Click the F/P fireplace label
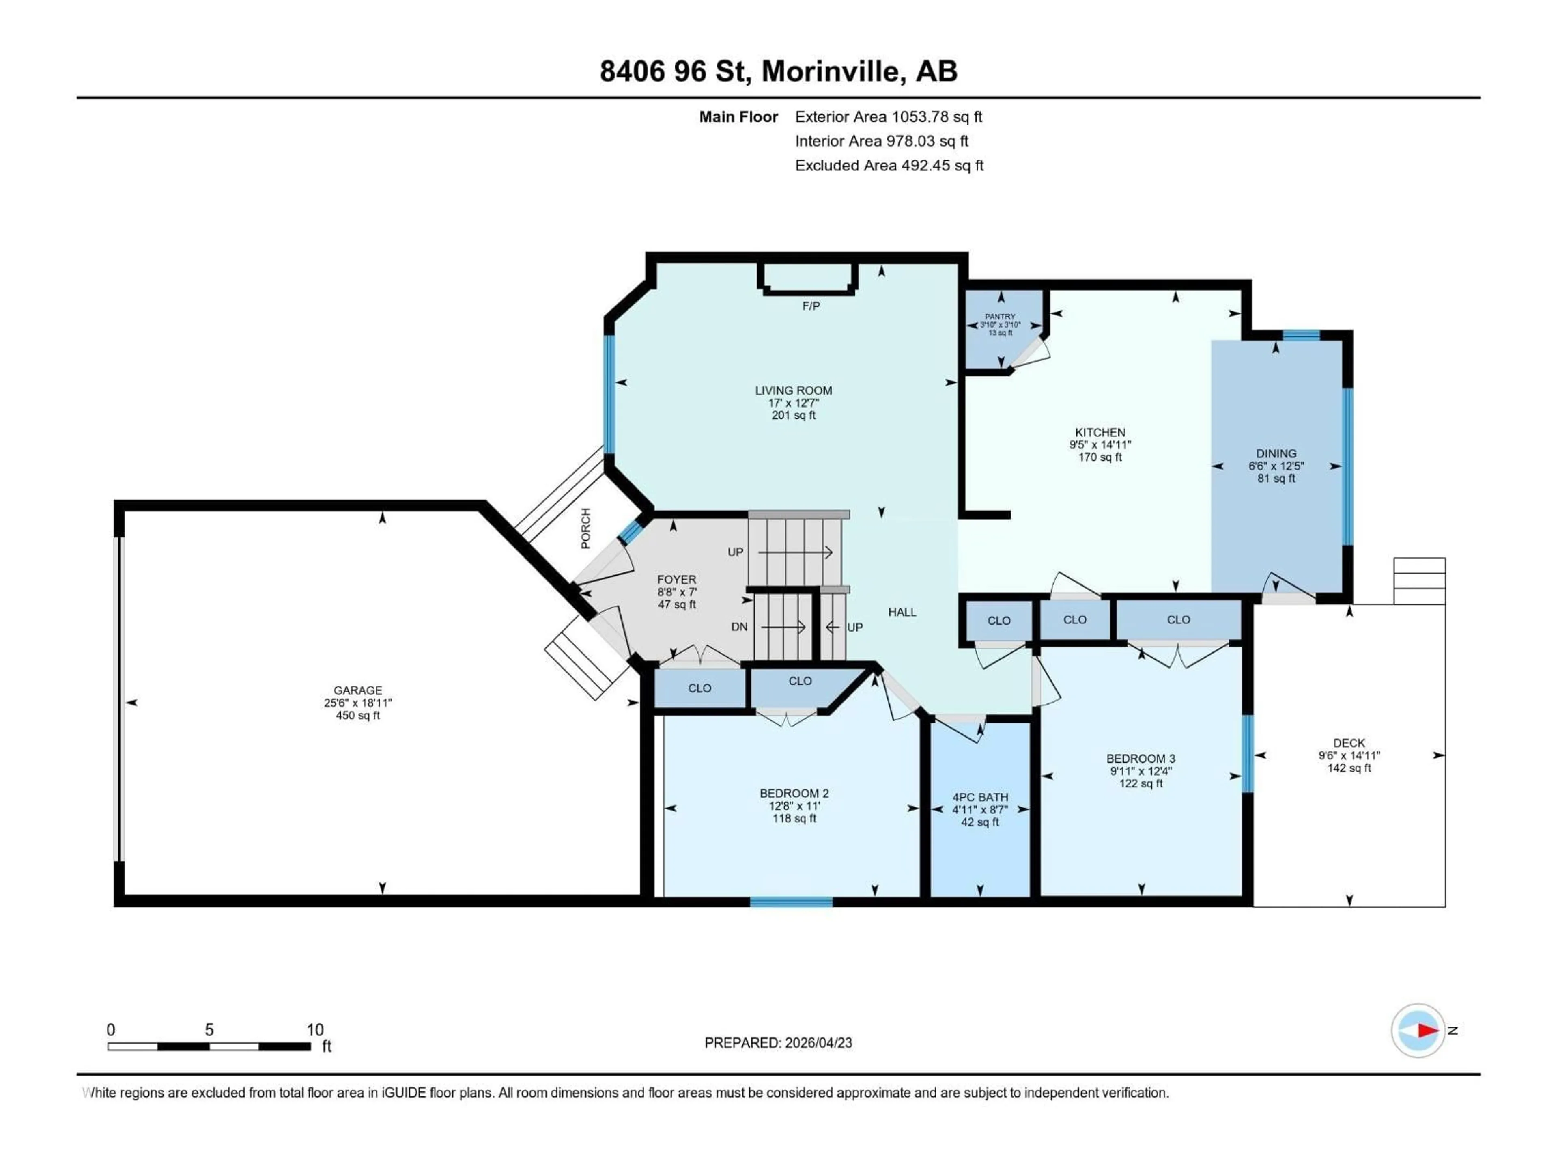(x=811, y=306)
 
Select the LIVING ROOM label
(x=793, y=390)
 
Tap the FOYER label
(x=676, y=579)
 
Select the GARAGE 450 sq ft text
(x=358, y=715)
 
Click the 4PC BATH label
(x=980, y=797)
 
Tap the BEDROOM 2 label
(x=794, y=794)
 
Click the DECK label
(x=1349, y=743)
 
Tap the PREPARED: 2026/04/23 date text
(x=778, y=1043)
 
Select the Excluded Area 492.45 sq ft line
(x=889, y=166)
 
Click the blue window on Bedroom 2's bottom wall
(x=791, y=902)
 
